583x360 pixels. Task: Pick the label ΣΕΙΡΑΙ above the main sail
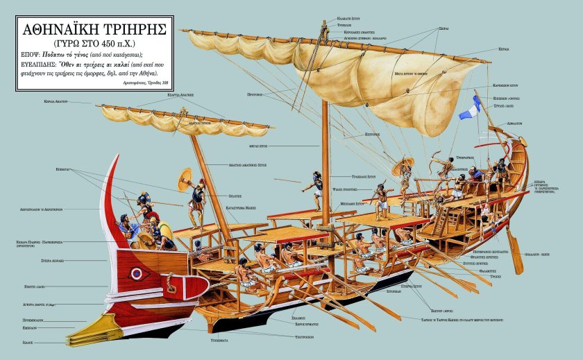pyautogui.click(x=443, y=29)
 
